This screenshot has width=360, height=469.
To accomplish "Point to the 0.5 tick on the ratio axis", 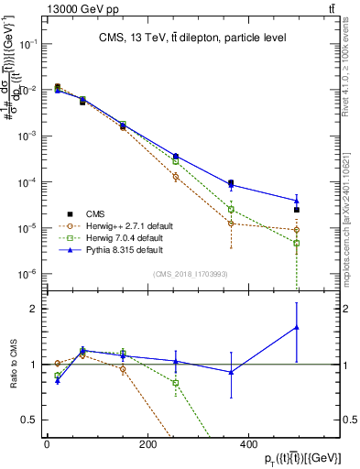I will [x=32, y=420].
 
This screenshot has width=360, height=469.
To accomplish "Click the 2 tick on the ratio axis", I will [x=36, y=309].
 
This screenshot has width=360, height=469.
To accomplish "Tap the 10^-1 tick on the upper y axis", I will [x=30, y=44].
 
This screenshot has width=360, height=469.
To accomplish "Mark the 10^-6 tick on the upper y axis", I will [x=30, y=273].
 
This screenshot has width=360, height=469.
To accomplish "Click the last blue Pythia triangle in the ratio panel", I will [x=296, y=327].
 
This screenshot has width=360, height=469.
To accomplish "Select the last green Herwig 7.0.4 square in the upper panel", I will [x=296, y=244].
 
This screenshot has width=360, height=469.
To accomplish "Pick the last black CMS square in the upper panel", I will [x=296, y=210].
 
